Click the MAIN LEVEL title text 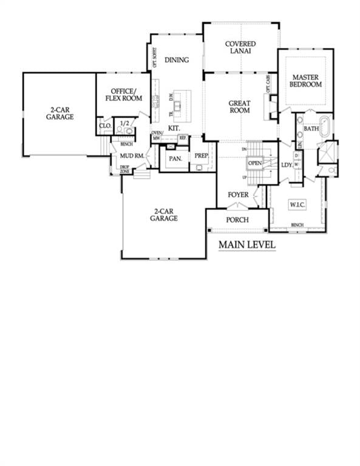pyautogui.click(x=247, y=245)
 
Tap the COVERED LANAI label pyautogui.click(x=240, y=47)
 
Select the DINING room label pyautogui.click(x=177, y=60)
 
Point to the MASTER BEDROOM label pyautogui.click(x=306, y=81)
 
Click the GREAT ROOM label pyautogui.click(x=240, y=107)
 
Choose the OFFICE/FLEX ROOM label pyautogui.click(x=123, y=95)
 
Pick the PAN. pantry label pyautogui.click(x=175, y=158)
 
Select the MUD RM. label pyautogui.click(x=132, y=157)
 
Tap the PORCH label pyautogui.click(x=237, y=219)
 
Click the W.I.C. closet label pyautogui.click(x=297, y=205)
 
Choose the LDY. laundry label pyautogui.click(x=287, y=165)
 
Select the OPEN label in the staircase pyautogui.click(x=255, y=163)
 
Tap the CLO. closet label pyautogui.click(x=104, y=127)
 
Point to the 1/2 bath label pyautogui.click(x=125, y=123)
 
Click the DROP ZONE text pyautogui.click(x=124, y=169)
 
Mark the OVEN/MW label pyautogui.click(x=157, y=136)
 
